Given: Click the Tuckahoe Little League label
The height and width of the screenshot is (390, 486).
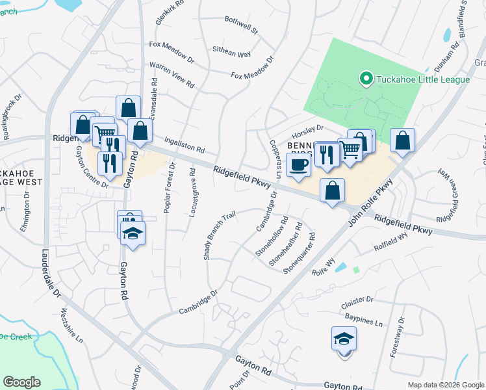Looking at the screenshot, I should pos(415,79).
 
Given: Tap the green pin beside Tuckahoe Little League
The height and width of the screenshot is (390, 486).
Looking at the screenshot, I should pos(365,79).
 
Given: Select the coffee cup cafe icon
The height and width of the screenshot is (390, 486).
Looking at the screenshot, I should pos(298,164).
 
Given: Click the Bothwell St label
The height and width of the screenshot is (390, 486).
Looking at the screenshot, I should pos(241,30).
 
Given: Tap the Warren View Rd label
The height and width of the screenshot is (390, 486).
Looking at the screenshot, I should pos(172,75).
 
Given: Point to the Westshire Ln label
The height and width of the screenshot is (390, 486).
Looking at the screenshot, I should pos(72,326).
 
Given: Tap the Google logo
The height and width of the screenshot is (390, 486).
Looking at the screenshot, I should pos(21,382).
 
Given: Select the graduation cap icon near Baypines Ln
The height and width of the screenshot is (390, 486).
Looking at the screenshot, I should pos(344,339).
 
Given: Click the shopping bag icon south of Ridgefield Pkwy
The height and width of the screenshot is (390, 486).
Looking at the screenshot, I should pos(332,190).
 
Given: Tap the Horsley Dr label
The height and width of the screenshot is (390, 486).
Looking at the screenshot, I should pos(311,128).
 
